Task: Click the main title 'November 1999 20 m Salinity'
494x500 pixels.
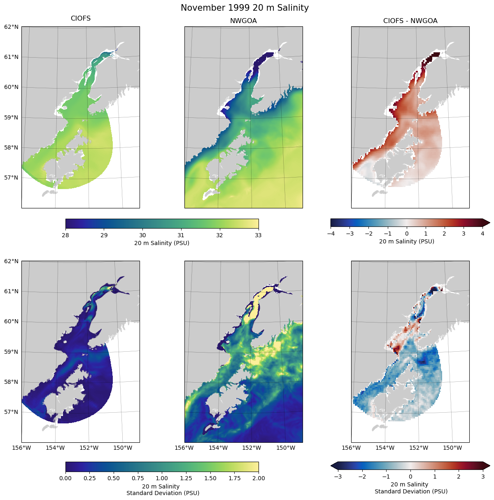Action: (x=245, y=8)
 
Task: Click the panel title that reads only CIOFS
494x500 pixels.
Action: (x=81, y=19)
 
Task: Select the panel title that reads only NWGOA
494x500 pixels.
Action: (x=243, y=21)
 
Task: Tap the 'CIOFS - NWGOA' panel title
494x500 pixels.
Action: (x=410, y=21)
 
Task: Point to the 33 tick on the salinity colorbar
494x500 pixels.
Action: (x=258, y=235)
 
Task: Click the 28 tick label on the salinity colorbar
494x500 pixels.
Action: (x=65, y=235)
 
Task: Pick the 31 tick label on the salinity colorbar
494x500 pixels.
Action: (x=181, y=235)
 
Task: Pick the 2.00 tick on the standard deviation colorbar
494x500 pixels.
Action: (x=258, y=478)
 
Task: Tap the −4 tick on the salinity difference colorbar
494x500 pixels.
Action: (x=331, y=234)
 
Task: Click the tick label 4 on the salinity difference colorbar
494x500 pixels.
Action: (x=482, y=234)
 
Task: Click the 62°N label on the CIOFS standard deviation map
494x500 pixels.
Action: (x=11, y=261)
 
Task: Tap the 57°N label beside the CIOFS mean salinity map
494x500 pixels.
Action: (x=11, y=178)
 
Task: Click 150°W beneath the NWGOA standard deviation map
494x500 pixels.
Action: (x=285, y=448)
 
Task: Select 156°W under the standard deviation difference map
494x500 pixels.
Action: (x=351, y=448)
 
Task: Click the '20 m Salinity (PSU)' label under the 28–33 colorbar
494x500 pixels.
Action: (x=162, y=243)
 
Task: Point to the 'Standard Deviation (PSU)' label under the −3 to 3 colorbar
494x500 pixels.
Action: (x=410, y=491)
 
